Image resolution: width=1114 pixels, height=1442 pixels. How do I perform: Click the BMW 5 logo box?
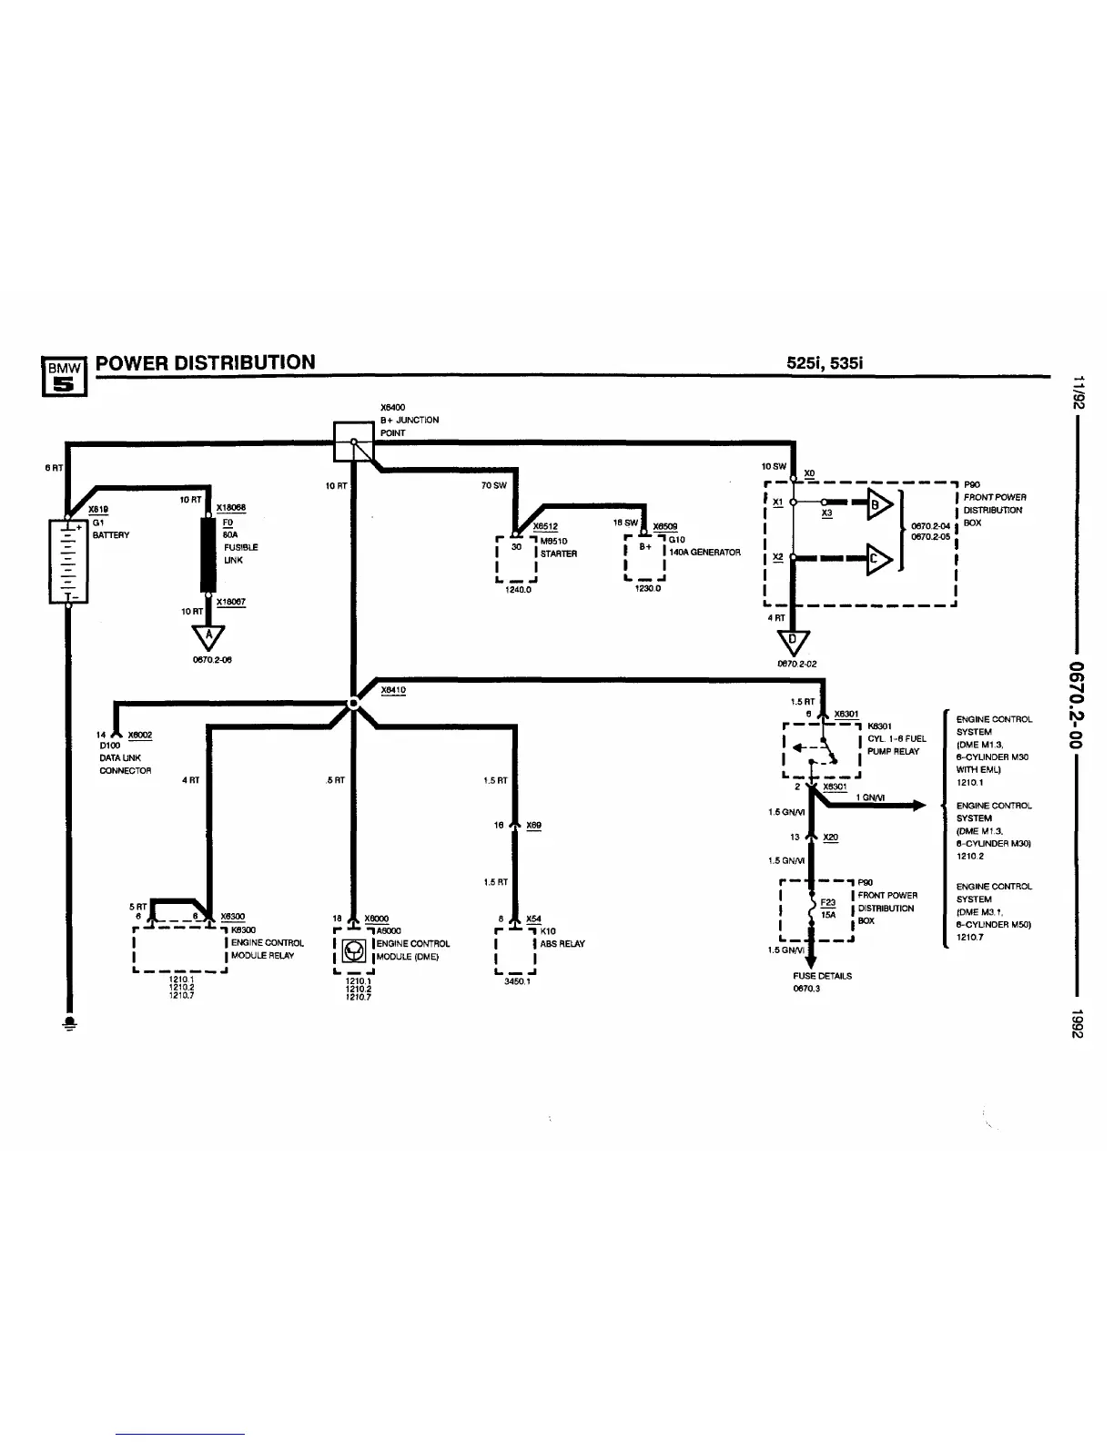[x=64, y=375]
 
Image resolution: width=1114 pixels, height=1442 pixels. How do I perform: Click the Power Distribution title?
[x=206, y=362]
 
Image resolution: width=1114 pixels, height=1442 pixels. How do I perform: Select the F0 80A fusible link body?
[x=208, y=554]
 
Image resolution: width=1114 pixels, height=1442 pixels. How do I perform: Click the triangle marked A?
[x=208, y=635]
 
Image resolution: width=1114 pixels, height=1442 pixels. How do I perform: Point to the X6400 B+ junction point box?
[x=353, y=442]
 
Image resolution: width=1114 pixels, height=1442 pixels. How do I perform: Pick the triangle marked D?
[x=793, y=642]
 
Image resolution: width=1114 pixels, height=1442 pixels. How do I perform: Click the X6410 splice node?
[x=353, y=704]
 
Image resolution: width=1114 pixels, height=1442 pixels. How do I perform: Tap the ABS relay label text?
[x=562, y=944]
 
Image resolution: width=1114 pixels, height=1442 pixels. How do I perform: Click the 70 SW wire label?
[x=493, y=486]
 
